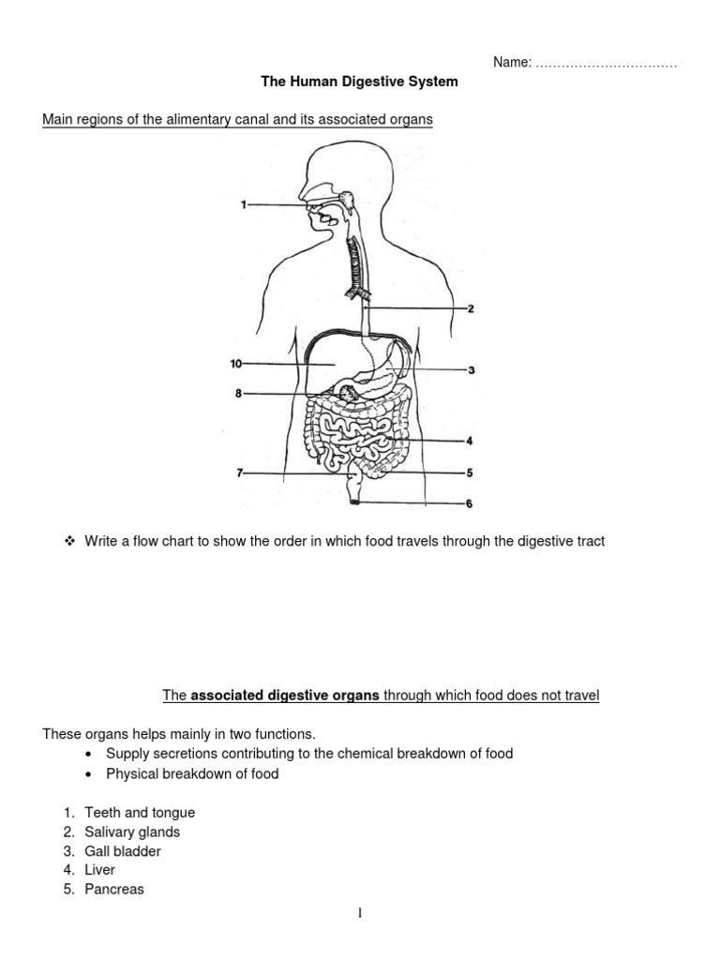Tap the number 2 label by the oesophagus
click(x=471, y=308)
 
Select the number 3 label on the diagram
click(x=472, y=371)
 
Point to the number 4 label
click(x=470, y=440)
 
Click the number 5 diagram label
click(x=470, y=472)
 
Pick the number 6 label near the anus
click(x=470, y=504)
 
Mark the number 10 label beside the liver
click(x=236, y=363)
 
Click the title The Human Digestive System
click(x=360, y=82)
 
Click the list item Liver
click(x=99, y=871)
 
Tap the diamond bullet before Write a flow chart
click(x=68, y=541)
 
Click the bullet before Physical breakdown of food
click(x=87, y=774)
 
